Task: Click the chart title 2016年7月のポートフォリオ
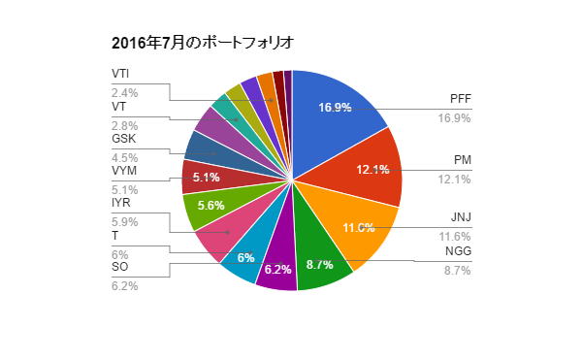pyautogui.click(x=202, y=43)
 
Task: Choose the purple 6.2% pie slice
pyautogui.click(x=277, y=268)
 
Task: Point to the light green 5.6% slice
pyautogui.click(x=210, y=206)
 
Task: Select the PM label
pyautogui.click(x=463, y=160)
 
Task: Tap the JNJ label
pyautogui.click(x=460, y=218)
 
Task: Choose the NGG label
pyautogui.click(x=458, y=252)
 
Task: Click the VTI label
pyautogui.click(x=121, y=74)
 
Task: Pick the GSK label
pyautogui.click(x=123, y=139)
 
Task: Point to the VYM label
pyautogui.click(x=124, y=172)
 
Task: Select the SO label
pyautogui.click(x=119, y=267)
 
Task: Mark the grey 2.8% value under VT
pyautogui.click(x=125, y=126)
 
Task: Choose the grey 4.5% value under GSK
pyautogui.click(x=125, y=158)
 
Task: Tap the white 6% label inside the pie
pyautogui.click(x=245, y=258)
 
